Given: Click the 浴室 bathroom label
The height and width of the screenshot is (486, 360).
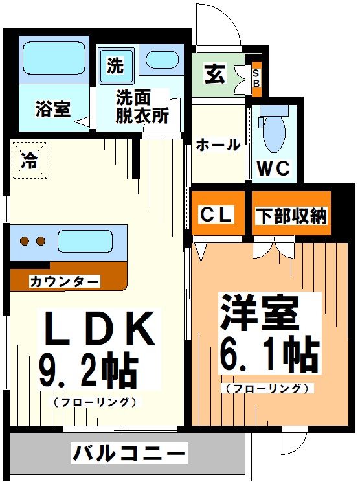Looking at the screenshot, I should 53,109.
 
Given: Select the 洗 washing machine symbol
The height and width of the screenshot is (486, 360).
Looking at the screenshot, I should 115,65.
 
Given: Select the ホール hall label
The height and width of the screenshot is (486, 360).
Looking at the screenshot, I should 218,145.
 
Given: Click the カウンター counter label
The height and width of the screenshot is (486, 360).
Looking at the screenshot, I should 64,281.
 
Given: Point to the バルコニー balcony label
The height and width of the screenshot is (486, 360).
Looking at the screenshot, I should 129,452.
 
